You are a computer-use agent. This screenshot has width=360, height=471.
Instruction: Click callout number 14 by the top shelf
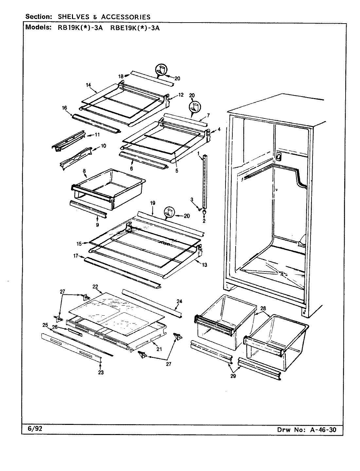(88, 85)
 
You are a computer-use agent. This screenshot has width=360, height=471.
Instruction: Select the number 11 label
(97, 134)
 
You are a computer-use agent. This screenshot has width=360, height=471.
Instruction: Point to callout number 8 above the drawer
(84, 171)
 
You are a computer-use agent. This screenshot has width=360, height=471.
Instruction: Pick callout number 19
(153, 203)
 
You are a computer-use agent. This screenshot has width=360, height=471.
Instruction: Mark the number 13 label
(205, 265)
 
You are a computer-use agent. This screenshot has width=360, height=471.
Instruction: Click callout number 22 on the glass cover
(95, 286)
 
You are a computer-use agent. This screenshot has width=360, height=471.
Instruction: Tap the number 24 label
(179, 301)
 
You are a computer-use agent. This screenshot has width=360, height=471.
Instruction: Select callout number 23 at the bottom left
(101, 372)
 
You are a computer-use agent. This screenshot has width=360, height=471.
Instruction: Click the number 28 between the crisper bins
(263, 308)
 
